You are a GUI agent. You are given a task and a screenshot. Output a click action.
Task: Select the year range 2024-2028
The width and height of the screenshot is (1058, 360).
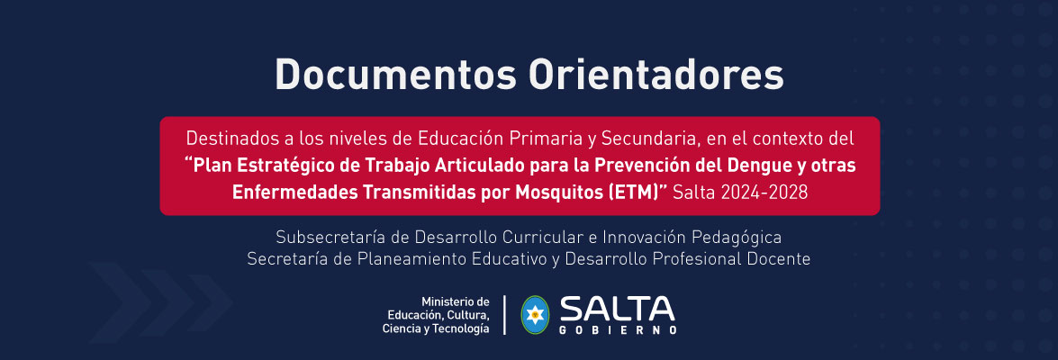pyautogui.click(x=769, y=193)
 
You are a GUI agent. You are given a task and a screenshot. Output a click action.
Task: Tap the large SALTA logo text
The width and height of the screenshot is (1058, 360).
pyautogui.click(x=617, y=309)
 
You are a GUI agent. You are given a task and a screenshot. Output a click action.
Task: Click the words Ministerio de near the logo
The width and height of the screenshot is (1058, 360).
pyautogui.click(x=455, y=301)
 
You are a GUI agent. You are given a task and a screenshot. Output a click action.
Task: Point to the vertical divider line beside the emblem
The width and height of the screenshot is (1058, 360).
pyautogui.click(x=505, y=315)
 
